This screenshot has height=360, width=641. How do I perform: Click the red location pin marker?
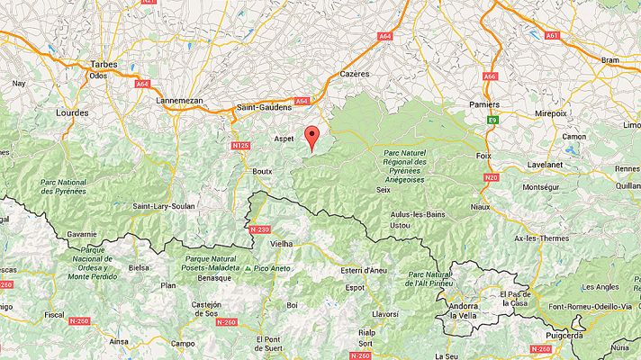[x=312, y=137]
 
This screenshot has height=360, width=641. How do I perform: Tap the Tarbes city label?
[x=104, y=64]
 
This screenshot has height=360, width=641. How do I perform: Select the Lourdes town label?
[x=72, y=113]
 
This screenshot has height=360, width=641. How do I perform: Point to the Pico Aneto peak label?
[x=271, y=268]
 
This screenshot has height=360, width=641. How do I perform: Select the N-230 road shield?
[x=259, y=229]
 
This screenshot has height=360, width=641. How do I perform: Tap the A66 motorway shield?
[x=490, y=76]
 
